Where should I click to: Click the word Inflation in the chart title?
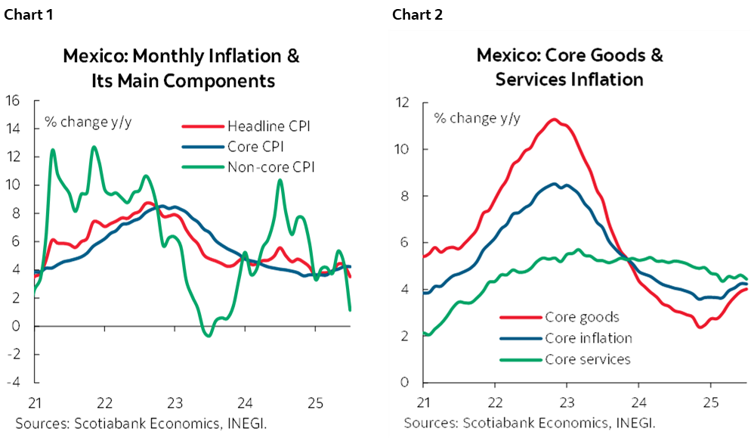606,79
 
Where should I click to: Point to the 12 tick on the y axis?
402,102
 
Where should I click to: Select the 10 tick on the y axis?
402,149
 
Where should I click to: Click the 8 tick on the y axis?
406,196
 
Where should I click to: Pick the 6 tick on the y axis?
406,243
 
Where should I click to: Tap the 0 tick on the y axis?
406,383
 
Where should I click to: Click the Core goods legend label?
582,317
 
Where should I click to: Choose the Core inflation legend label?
588,338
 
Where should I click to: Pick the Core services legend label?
587,359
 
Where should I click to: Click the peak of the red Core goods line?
555,120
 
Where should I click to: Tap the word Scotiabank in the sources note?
483,421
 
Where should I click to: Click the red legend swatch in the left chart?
202,126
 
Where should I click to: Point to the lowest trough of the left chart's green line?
209,335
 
